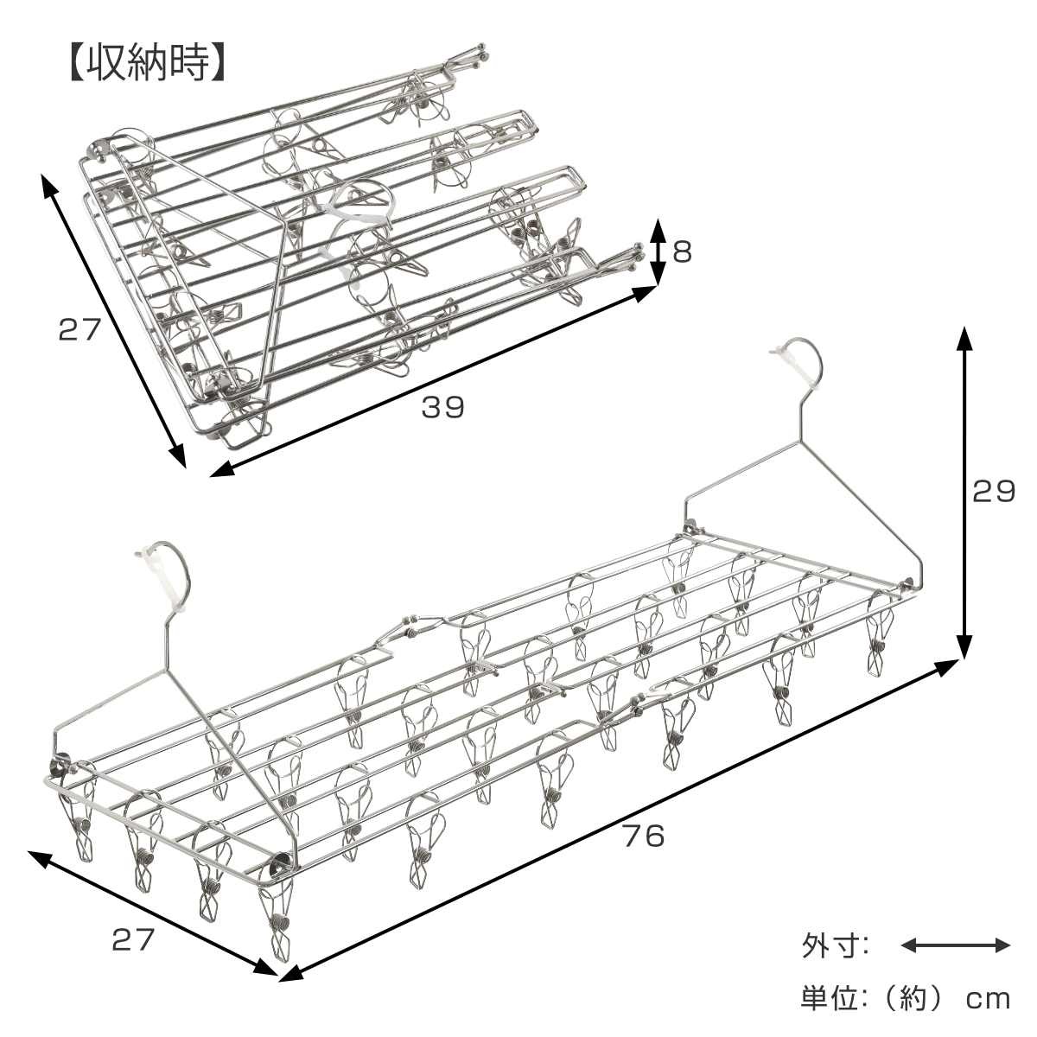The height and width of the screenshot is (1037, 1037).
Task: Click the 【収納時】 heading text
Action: [x=147, y=63]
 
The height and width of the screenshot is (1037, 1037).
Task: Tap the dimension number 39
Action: [x=442, y=407]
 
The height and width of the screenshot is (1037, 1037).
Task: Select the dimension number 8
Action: [x=683, y=253]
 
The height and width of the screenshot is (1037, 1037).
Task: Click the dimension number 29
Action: [x=994, y=492]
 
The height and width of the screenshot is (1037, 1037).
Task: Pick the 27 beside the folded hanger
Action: [x=80, y=328]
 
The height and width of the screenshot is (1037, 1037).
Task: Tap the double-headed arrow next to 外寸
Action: [x=956, y=945]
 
